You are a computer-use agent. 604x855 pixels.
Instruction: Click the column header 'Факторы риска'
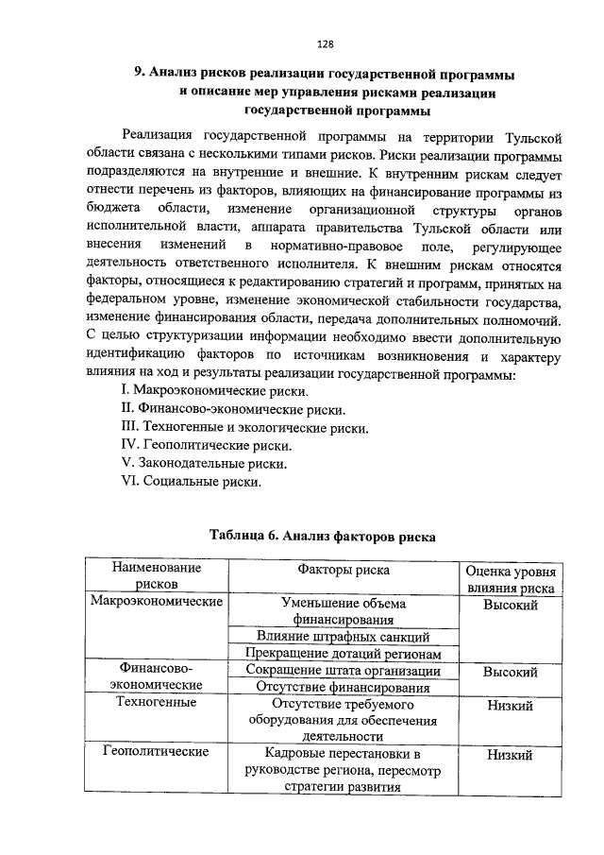344,570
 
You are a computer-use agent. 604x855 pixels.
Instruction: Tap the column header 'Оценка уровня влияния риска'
511,579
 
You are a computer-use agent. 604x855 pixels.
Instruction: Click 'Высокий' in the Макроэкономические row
511,604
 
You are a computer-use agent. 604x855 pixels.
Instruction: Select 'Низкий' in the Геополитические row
511,755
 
